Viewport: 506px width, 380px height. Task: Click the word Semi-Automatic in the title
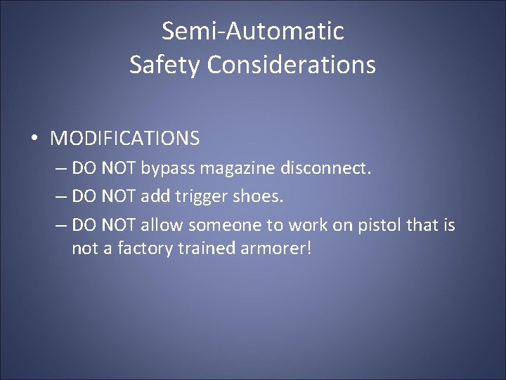click(x=253, y=32)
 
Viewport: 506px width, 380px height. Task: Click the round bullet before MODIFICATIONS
click(x=34, y=139)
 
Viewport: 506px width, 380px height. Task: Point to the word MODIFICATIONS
click(x=124, y=139)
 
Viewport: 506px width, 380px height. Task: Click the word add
click(x=155, y=197)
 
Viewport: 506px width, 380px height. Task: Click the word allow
click(x=160, y=225)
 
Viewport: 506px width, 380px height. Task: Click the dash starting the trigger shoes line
click(x=60, y=198)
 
